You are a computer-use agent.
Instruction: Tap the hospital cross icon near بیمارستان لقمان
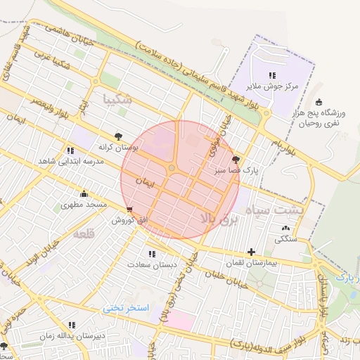pyautogui.click(x=251, y=252)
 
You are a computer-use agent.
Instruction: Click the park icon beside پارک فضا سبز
pyautogui.click(x=235, y=160)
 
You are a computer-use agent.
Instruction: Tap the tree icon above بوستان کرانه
pyautogui.click(x=118, y=136)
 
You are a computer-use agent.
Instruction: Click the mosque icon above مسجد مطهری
pyautogui.click(x=84, y=193)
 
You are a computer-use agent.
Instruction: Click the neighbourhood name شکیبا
pyautogui.click(x=117, y=99)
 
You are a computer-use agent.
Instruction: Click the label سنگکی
pyautogui.click(x=284, y=238)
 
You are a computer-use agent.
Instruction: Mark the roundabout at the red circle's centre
pyautogui.click(x=172, y=168)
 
